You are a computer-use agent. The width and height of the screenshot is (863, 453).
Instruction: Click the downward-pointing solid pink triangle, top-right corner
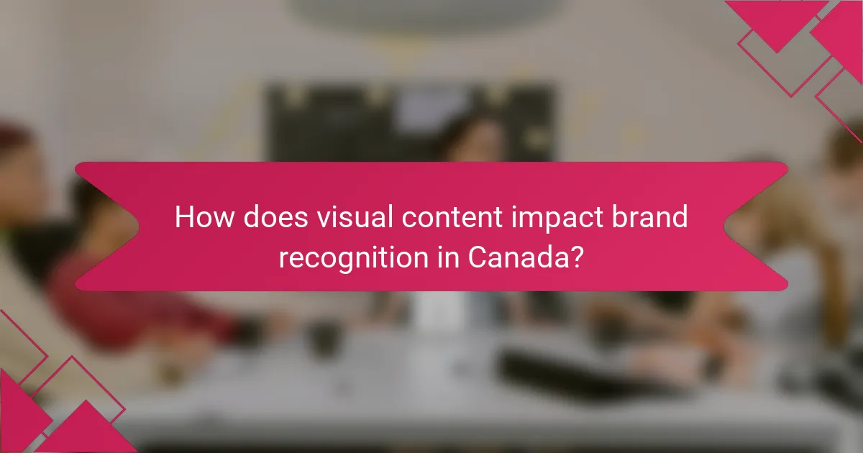click(x=777, y=22)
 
